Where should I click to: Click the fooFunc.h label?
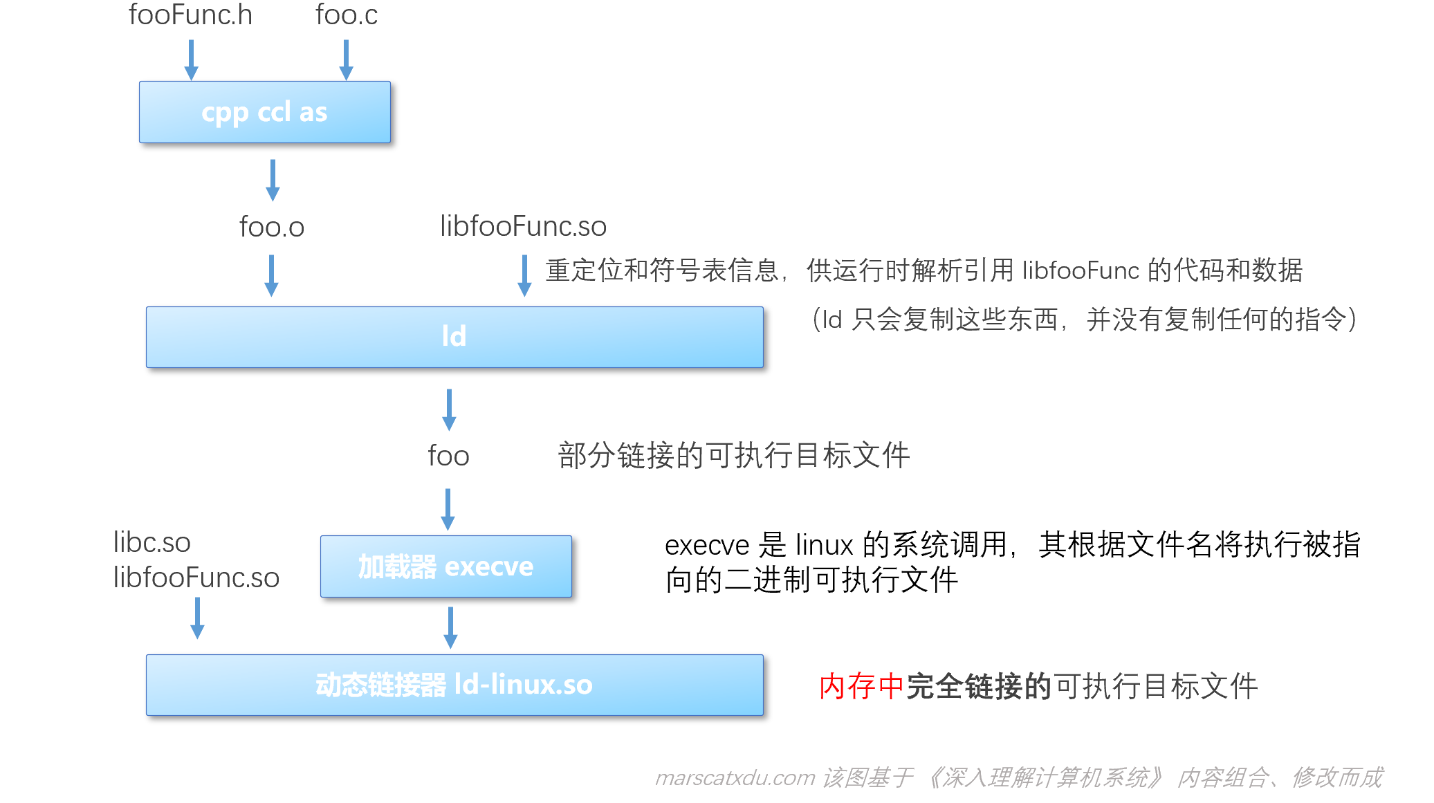pyautogui.click(x=190, y=15)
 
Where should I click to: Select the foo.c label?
pyautogui.click(x=347, y=15)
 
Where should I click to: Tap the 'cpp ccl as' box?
pyautogui.click(x=265, y=112)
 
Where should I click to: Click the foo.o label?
pyautogui.click(x=272, y=227)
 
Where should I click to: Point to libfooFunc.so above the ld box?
pyautogui.click(x=523, y=226)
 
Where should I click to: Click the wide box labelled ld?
pyautogui.click(x=454, y=337)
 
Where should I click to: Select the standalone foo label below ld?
pyautogui.click(x=448, y=456)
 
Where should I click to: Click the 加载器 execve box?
pyautogui.click(x=446, y=566)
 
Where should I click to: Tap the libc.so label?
pyautogui.click(x=151, y=542)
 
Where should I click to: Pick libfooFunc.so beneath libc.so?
pyautogui.click(x=196, y=578)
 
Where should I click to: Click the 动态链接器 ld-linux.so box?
pyautogui.click(x=454, y=685)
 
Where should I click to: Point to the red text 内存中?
pyautogui.click(x=861, y=686)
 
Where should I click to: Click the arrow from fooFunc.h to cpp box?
pyautogui.click(x=192, y=59)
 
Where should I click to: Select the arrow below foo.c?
pyautogui.click(x=347, y=59)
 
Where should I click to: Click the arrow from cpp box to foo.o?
pyautogui.click(x=273, y=180)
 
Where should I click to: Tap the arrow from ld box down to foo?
pyautogui.click(x=449, y=409)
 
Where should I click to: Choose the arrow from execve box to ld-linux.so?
pyautogui.click(x=450, y=627)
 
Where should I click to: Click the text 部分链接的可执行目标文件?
pyautogui.click(x=734, y=456)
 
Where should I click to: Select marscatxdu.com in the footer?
pyautogui.click(x=735, y=777)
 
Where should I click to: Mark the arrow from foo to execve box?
pyautogui.click(x=448, y=509)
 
